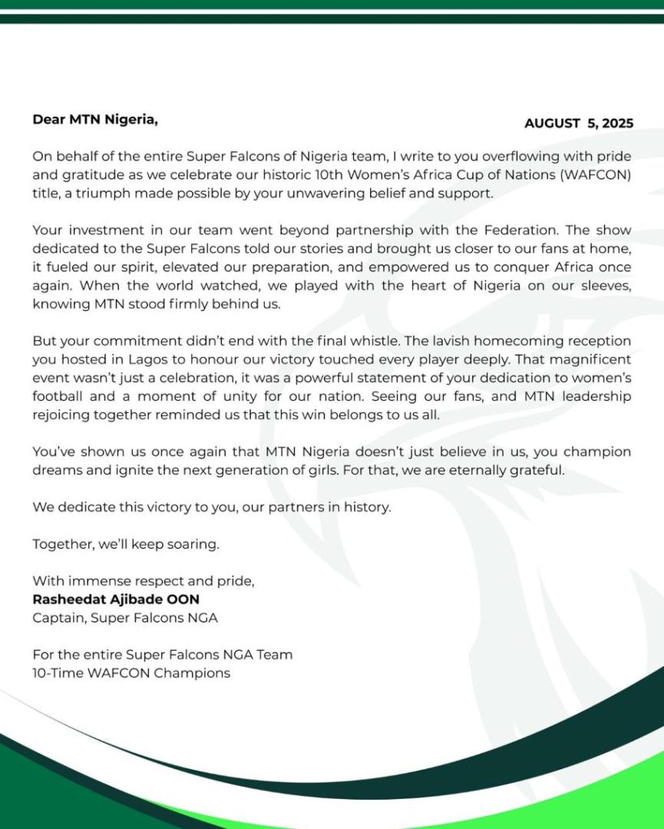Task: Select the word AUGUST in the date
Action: [552, 124]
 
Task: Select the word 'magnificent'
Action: [583, 359]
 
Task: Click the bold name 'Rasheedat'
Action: [69, 599]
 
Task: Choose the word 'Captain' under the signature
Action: [58, 618]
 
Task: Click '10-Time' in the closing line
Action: [57, 673]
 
